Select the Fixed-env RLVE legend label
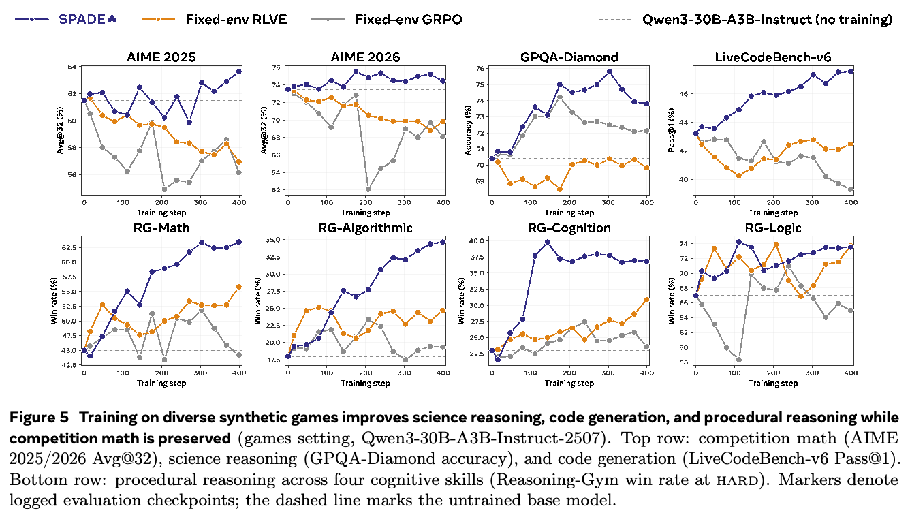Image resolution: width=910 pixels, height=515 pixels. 236,19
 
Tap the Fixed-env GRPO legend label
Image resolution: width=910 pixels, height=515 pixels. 408,19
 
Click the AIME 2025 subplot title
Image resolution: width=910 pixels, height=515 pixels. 161,57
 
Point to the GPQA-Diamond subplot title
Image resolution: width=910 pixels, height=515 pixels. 569,57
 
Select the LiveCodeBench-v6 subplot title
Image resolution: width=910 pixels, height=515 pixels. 773,57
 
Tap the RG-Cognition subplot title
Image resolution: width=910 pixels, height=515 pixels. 569,228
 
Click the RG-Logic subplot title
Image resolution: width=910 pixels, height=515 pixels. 773,228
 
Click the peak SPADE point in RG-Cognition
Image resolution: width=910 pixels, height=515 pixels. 547,242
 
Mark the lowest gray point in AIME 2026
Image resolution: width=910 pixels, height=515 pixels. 368,189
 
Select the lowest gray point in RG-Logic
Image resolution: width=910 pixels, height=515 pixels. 739,360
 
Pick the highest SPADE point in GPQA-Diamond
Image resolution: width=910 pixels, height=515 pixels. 610,72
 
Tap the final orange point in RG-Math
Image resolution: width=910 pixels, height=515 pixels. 239,287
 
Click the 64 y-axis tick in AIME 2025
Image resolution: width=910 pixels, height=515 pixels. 72,67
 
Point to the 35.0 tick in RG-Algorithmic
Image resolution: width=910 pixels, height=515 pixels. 272,240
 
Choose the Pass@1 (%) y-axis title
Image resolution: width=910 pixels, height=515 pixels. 672,130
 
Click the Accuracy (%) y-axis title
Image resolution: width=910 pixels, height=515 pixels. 467,130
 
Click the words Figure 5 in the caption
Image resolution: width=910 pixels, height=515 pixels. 39,418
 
